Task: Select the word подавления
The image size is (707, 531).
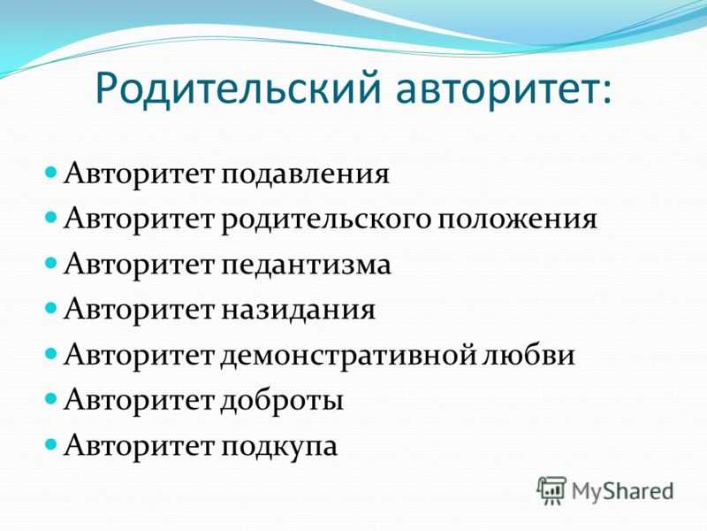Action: point(305,173)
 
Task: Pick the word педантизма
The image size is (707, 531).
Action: point(306,265)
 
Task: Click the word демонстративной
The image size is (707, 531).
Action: point(348,356)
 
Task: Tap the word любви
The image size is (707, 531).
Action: point(528,354)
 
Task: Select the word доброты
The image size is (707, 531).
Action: point(282,400)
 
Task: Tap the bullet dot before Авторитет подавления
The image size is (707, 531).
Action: point(51,173)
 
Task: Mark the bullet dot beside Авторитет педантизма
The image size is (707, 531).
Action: point(51,263)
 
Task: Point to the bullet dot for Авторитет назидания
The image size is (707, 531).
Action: point(51,308)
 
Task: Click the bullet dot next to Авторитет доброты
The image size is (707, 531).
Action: point(51,399)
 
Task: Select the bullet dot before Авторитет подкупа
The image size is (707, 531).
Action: point(51,444)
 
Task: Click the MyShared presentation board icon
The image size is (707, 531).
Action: point(551,490)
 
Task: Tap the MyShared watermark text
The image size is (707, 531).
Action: point(623,492)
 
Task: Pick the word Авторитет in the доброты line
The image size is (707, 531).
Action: point(139,399)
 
